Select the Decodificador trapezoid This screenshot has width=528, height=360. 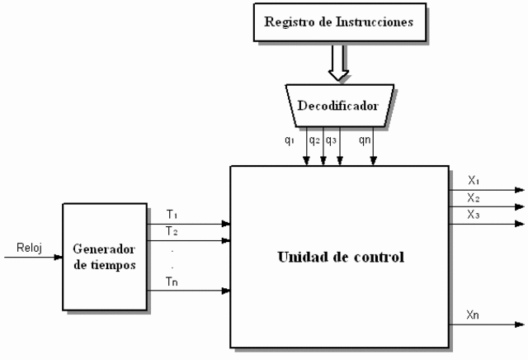(339, 105)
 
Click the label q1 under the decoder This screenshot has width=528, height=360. (290, 140)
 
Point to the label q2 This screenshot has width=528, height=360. (314, 140)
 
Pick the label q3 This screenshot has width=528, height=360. (331, 140)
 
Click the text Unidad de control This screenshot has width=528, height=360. (339, 257)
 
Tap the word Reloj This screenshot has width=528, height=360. (29, 247)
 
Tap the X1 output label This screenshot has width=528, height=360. (474, 180)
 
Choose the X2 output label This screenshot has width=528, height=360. (474, 197)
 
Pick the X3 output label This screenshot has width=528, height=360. (474, 215)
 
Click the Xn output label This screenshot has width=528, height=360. (474, 315)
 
